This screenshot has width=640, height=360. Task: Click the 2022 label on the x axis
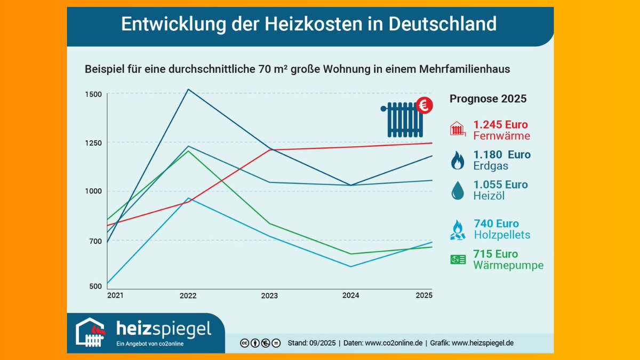click(188, 295)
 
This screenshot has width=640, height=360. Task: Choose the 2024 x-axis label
click(350, 295)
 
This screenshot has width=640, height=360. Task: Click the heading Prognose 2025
click(487, 99)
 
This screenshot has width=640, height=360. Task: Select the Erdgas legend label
click(491, 166)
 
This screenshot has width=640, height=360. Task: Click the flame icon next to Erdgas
click(458, 160)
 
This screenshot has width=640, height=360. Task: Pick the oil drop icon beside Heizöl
click(458, 190)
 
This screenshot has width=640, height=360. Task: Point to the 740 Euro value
click(496, 223)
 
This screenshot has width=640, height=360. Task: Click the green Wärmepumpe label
click(508, 265)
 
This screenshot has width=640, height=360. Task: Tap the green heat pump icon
click(458, 260)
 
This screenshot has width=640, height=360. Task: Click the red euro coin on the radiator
click(425, 106)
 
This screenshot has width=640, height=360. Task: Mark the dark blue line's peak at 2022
click(188, 89)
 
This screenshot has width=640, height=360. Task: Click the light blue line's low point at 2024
click(350, 267)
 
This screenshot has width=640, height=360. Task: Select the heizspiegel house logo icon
click(91, 332)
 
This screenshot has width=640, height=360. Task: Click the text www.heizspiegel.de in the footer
click(482, 343)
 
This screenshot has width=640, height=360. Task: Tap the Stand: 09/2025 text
click(311, 343)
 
